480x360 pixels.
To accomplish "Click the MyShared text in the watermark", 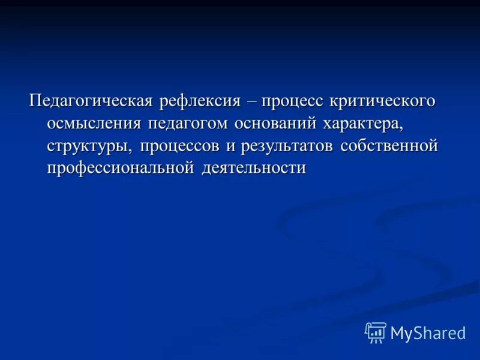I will point(428,333).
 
